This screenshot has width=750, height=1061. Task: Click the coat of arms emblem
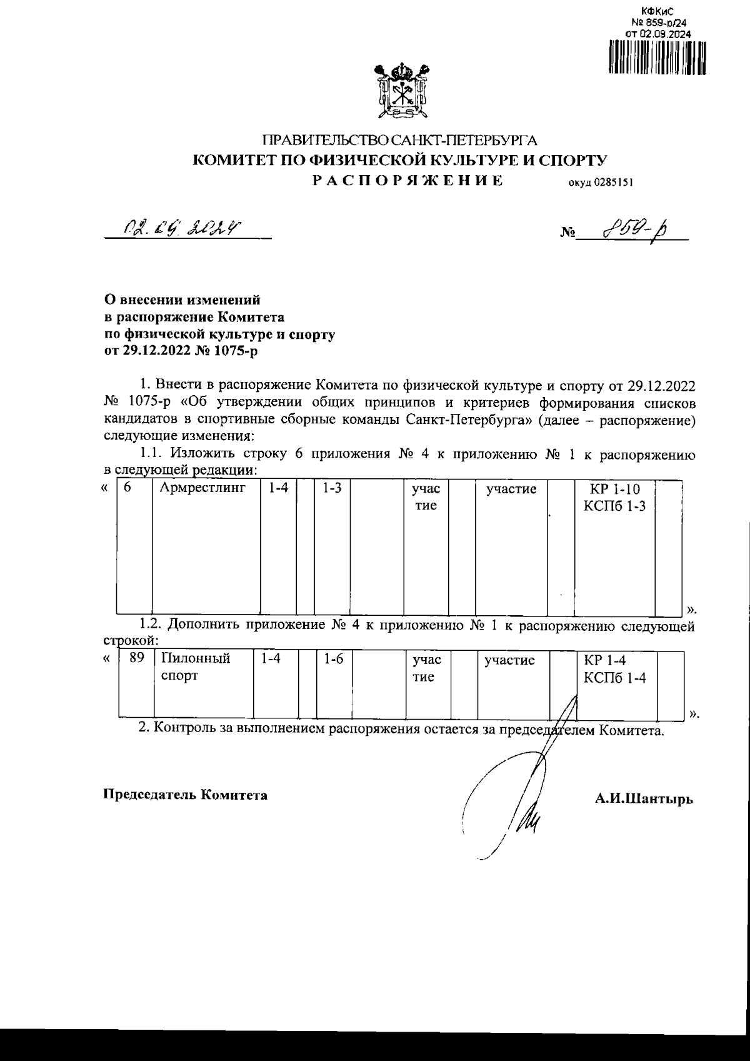coord(400,93)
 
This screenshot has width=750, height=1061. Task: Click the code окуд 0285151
coord(600,183)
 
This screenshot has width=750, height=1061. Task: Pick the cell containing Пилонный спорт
coord(196,667)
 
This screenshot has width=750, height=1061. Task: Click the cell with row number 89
coord(136,658)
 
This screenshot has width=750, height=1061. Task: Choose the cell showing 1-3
coord(331,488)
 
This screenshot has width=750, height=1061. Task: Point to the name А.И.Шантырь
coord(644,798)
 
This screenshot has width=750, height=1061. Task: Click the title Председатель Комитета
coord(185,795)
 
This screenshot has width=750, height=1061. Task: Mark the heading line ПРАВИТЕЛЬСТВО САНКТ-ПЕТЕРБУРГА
coord(399,140)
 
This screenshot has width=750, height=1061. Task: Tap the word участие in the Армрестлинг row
coord(511,489)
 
